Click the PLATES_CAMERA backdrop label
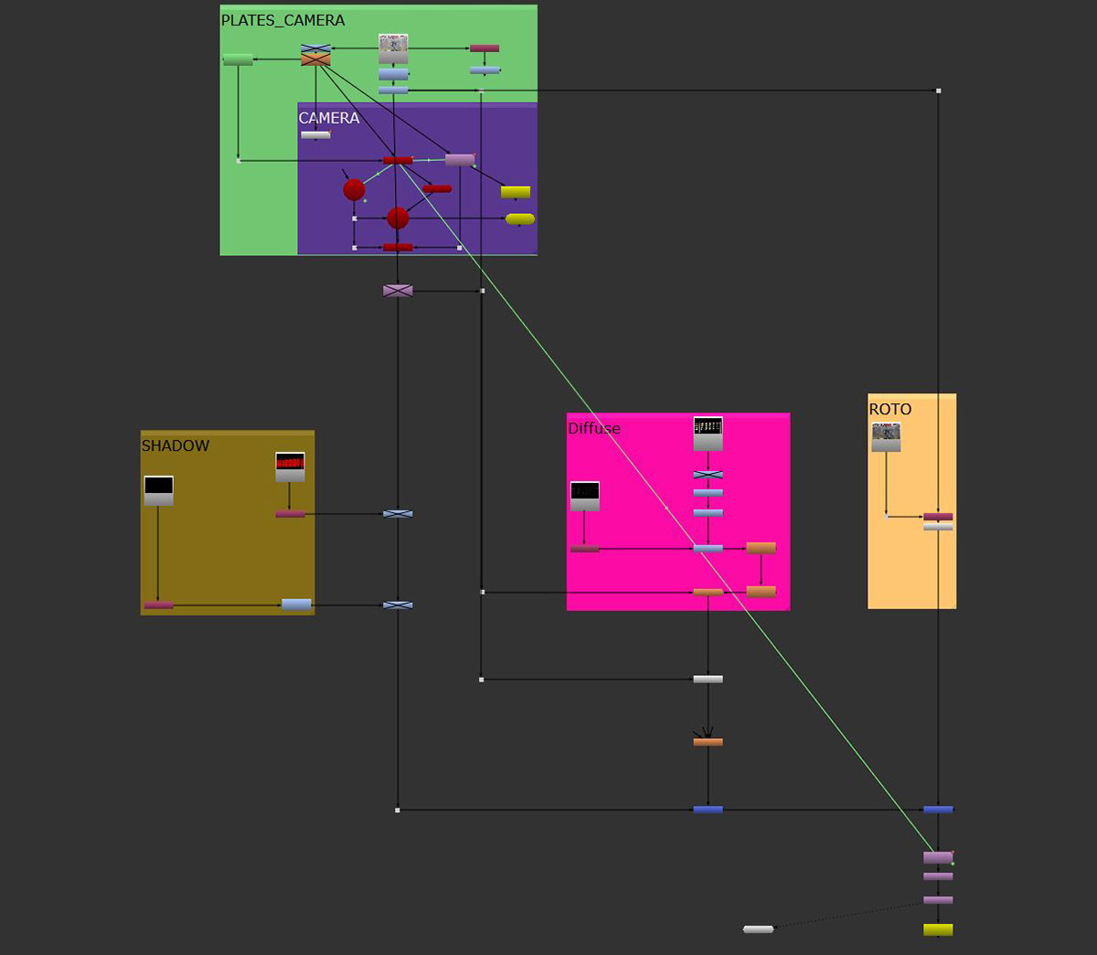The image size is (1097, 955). tap(282, 20)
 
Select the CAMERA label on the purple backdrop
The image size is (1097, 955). tap(329, 118)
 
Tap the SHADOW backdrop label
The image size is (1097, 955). tap(175, 445)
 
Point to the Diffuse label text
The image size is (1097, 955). tap(593, 428)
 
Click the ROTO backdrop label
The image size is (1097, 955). tap(889, 409)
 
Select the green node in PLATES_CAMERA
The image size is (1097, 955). tap(238, 59)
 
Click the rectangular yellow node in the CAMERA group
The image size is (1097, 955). tap(516, 192)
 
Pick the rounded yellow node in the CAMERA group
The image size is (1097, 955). tap(520, 219)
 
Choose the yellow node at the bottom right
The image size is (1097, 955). tap(938, 929)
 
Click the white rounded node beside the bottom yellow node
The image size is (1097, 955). tap(758, 928)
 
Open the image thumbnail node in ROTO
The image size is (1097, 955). tap(886, 437)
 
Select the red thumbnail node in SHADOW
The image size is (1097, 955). tap(290, 467)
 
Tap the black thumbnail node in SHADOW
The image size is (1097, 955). tap(158, 490)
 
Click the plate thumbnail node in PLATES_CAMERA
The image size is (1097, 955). tap(393, 48)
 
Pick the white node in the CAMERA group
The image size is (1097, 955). tap(315, 134)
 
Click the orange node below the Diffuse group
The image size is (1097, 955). tap(708, 742)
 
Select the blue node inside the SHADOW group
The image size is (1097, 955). tap(296, 605)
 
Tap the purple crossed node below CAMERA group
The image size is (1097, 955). tap(398, 291)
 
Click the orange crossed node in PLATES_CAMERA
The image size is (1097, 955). tap(315, 59)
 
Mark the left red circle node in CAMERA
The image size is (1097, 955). tap(354, 189)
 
